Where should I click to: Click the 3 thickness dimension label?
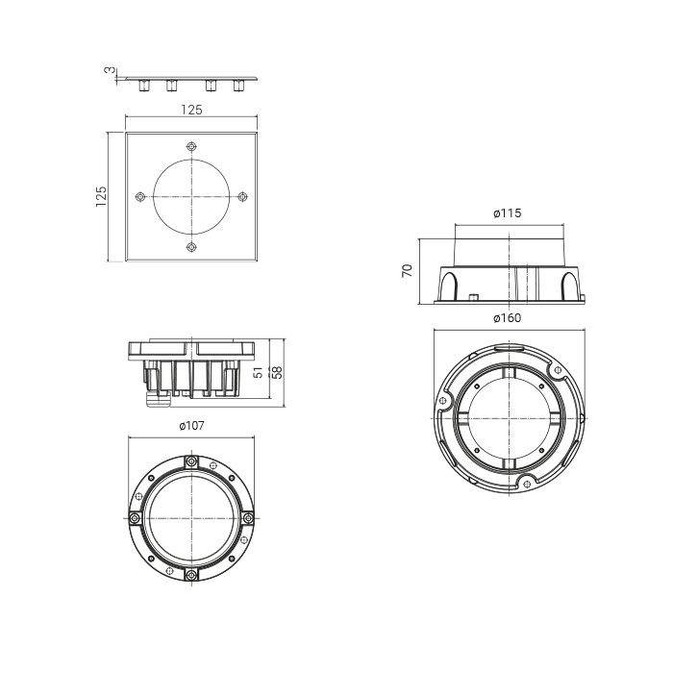110,70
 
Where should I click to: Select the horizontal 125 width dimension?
191,110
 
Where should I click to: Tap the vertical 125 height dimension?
101,196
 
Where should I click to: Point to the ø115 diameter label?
508,213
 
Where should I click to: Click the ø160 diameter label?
508,318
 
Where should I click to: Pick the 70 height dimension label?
407,271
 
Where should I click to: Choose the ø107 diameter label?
192,426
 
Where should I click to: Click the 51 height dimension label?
258,373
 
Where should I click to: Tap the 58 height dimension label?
278,373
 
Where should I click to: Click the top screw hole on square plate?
191,147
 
